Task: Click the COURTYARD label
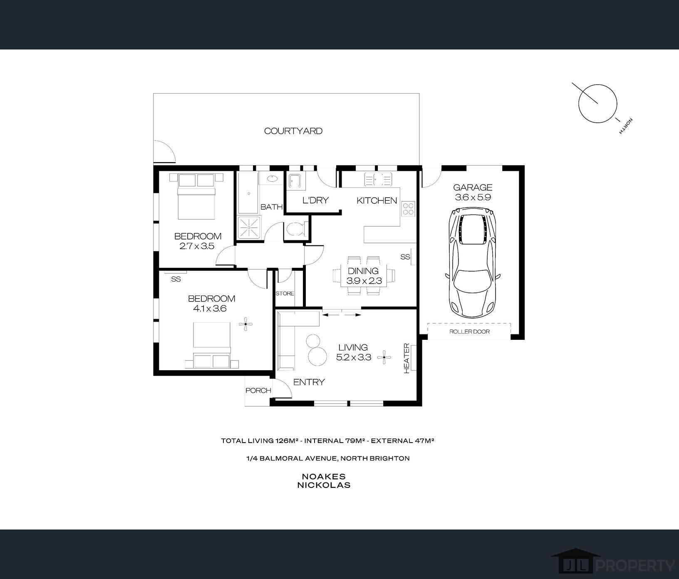click(293, 131)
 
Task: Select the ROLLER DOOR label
click(469, 332)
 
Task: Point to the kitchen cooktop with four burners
click(409, 209)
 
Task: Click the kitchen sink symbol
click(378, 180)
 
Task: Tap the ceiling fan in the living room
click(384, 357)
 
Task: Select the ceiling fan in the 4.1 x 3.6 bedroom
click(246, 324)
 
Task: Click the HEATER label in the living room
click(406, 358)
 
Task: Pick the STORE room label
click(285, 293)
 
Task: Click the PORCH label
click(258, 391)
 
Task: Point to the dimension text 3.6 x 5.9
click(473, 197)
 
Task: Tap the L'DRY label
click(315, 200)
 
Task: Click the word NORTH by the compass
click(626, 126)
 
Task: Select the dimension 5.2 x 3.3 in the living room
click(353, 357)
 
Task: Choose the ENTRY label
click(309, 382)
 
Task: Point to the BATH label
click(272, 207)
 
